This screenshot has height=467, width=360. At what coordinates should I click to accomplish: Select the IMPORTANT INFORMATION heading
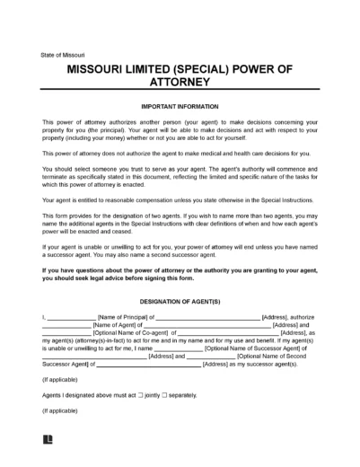click(180, 106)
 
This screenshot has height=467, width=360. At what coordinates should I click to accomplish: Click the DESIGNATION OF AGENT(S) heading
click(180, 303)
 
